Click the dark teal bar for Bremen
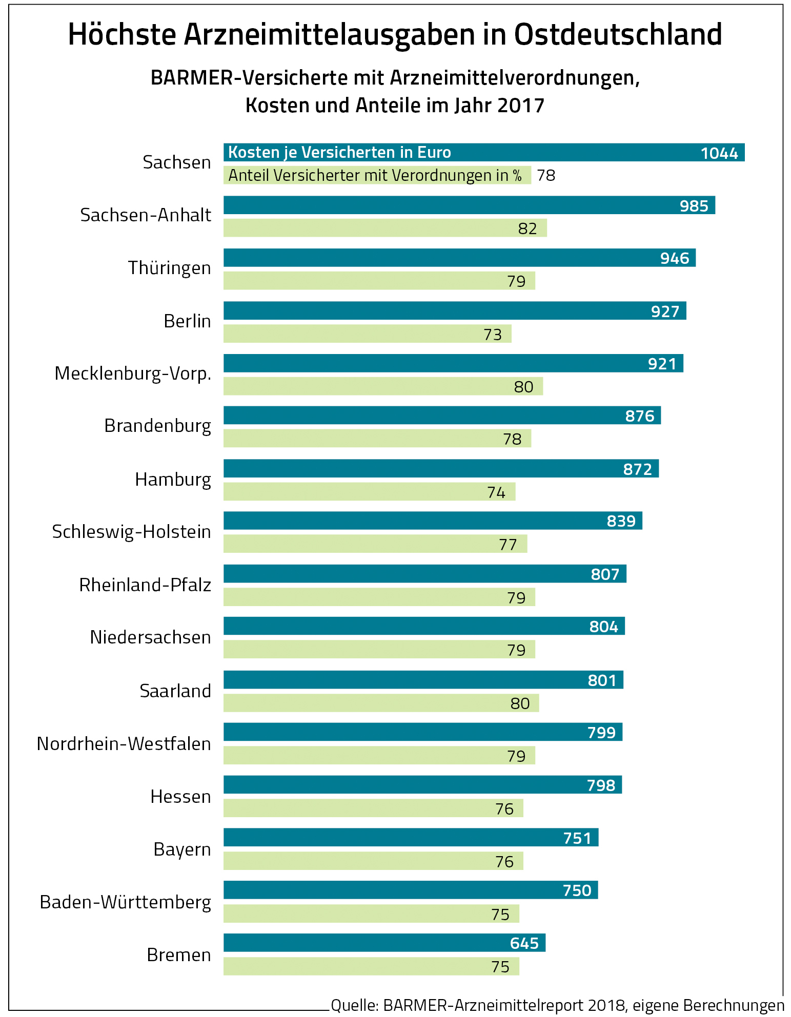click(359, 943)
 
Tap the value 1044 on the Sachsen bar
click(719, 153)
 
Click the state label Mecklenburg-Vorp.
click(133, 373)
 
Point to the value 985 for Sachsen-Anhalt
click(694, 206)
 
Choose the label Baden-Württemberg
click(126, 902)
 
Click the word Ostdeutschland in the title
click(618, 35)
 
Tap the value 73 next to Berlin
click(493, 335)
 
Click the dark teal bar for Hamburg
click(410, 468)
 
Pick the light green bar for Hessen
click(359, 808)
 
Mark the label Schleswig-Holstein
click(132, 532)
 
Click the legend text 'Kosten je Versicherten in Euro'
click(339, 153)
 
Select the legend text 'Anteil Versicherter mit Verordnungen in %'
click(375, 176)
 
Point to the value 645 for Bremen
click(524, 943)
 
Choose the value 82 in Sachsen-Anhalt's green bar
click(528, 229)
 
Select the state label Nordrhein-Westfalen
click(124, 743)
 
